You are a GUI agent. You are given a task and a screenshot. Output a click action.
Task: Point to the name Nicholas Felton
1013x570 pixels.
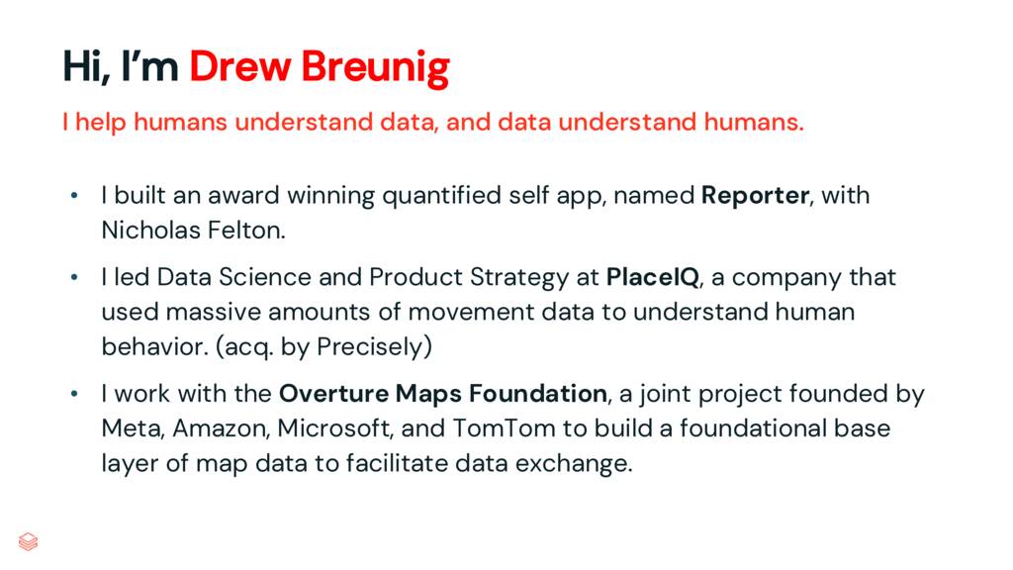(x=192, y=231)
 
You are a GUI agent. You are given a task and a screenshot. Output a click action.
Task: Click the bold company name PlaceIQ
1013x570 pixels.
(x=652, y=277)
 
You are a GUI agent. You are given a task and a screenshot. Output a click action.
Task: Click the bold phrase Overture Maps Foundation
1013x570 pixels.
(x=443, y=394)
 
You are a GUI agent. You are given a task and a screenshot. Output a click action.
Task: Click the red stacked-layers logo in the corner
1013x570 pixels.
(x=29, y=541)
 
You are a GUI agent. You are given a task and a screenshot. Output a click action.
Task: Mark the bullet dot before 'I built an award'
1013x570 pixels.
(x=73, y=197)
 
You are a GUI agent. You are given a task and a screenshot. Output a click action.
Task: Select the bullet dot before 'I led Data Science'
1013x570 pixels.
(x=73, y=278)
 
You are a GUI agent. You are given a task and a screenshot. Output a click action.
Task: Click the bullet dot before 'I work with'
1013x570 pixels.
(x=73, y=395)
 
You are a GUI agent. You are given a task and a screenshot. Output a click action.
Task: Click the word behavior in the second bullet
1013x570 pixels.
(x=149, y=347)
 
